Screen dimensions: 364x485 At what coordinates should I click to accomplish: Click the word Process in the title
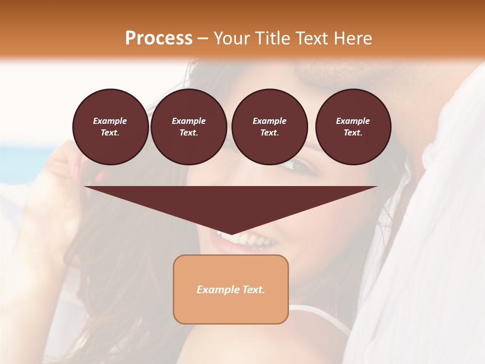tap(159, 38)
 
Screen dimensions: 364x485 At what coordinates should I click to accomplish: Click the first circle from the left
tap(110, 127)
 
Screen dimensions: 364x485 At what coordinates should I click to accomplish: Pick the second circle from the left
tap(188, 127)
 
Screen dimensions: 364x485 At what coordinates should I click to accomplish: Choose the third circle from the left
tap(269, 127)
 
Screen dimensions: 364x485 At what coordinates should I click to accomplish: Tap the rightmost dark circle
tap(353, 127)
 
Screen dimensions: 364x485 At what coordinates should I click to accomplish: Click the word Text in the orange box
tap(254, 290)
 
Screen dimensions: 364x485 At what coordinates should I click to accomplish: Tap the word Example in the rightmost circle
tap(353, 121)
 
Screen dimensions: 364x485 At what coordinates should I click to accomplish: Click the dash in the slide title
tap(203, 38)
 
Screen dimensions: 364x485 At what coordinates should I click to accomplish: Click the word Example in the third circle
tap(269, 121)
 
